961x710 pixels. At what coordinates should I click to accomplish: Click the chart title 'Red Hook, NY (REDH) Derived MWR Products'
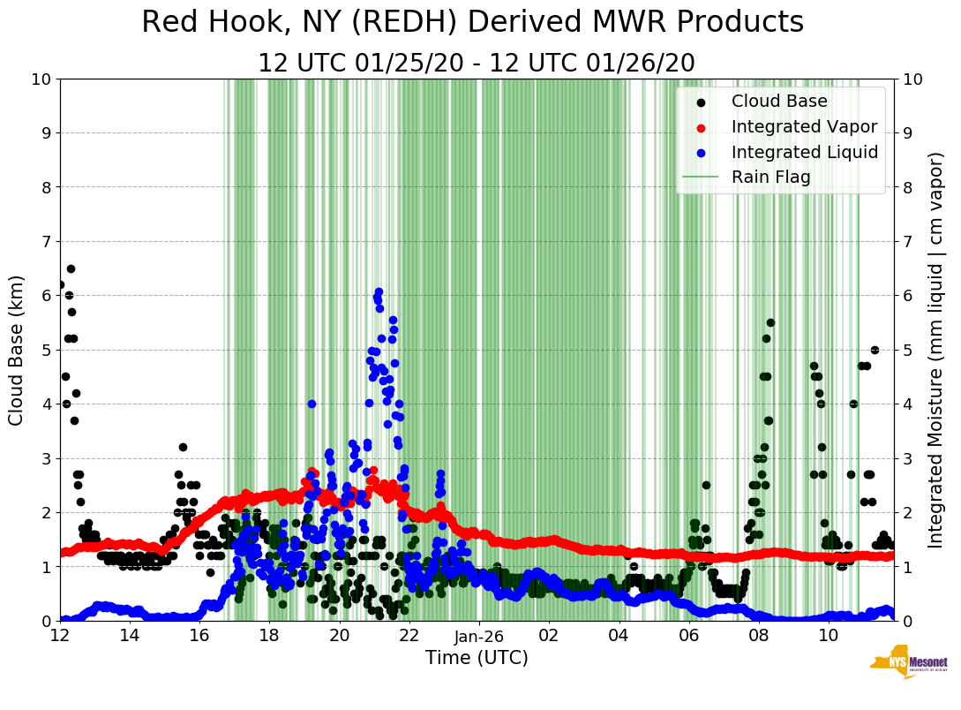(x=472, y=23)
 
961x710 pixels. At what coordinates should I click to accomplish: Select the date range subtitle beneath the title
(x=476, y=64)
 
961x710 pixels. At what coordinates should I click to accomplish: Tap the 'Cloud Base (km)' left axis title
(x=17, y=350)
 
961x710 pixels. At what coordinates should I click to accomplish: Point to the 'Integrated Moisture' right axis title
(x=936, y=350)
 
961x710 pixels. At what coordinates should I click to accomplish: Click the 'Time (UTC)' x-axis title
(x=477, y=658)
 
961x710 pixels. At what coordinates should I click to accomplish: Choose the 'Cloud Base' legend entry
(x=779, y=102)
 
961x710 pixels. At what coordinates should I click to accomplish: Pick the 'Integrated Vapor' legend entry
(x=804, y=126)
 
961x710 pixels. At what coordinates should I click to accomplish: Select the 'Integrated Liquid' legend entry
(x=804, y=152)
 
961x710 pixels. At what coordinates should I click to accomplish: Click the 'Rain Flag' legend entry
(x=770, y=177)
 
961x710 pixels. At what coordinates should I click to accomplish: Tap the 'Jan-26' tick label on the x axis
(x=478, y=635)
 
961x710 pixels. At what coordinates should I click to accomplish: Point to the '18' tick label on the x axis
(x=269, y=635)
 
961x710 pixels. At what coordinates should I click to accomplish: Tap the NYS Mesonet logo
(x=908, y=664)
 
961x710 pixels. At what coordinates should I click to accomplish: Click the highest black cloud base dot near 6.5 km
(x=71, y=268)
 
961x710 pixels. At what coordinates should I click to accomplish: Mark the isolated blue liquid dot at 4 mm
(x=312, y=404)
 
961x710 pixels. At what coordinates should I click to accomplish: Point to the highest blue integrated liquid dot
(x=379, y=291)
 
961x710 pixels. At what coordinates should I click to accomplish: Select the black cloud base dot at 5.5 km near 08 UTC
(x=770, y=322)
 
